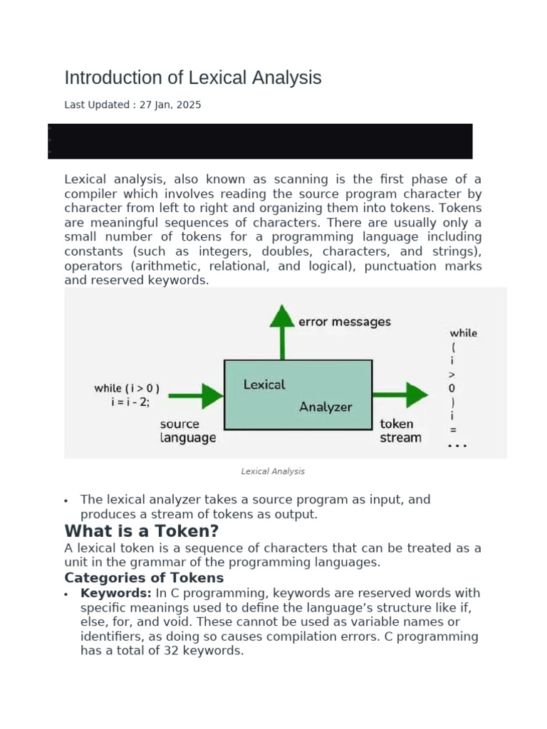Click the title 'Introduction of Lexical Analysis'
click(x=192, y=78)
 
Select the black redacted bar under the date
click(x=260, y=141)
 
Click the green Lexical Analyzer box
click(x=298, y=394)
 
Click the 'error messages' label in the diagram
click(x=344, y=322)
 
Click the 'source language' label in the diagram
click(x=188, y=431)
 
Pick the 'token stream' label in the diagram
click(x=400, y=431)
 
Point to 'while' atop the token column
click(x=463, y=332)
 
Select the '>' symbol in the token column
click(x=452, y=374)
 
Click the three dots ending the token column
click(x=457, y=446)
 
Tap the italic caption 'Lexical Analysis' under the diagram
click(x=273, y=471)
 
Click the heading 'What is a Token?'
click(x=141, y=531)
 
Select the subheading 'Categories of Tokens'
click(x=144, y=577)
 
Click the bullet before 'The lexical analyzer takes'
click(x=66, y=500)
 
